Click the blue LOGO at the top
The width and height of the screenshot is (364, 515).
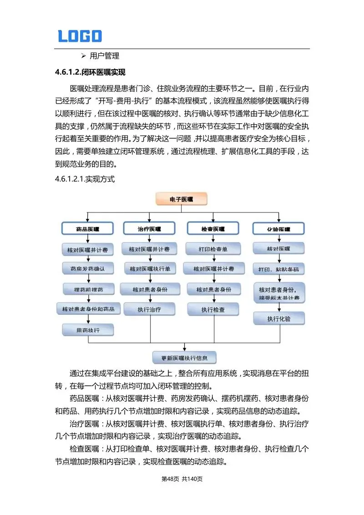pyautogui.click(x=80, y=36)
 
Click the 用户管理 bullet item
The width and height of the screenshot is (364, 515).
pyautogui.click(x=104, y=56)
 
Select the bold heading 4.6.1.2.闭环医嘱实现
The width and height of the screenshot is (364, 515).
pyautogui.click(x=90, y=72)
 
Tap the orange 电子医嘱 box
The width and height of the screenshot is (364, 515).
pyautogui.click(x=182, y=199)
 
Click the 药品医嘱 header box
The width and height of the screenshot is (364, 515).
pyautogui.click(x=88, y=228)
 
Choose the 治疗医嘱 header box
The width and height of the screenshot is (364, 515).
pyautogui.click(x=149, y=228)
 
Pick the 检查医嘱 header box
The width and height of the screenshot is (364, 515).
pyautogui.click(x=213, y=228)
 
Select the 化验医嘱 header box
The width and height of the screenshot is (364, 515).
pyautogui.click(x=278, y=228)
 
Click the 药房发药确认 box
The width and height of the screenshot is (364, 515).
pyautogui.click(x=88, y=268)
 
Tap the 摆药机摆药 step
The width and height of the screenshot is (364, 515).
pyautogui.click(x=88, y=289)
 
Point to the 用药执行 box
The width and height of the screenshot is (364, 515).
pyautogui.click(x=88, y=329)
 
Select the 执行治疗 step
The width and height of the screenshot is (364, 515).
pyautogui.click(x=149, y=309)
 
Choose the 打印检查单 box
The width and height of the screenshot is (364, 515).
pyautogui.click(x=213, y=249)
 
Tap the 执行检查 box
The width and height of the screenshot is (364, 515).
pyautogui.click(x=213, y=309)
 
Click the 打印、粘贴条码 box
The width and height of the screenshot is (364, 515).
pyautogui.click(x=278, y=269)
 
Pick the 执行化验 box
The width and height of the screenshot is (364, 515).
pyautogui.click(x=278, y=318)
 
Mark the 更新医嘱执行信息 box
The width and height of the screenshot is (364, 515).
pyautogui.click(x=184, y=358)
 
